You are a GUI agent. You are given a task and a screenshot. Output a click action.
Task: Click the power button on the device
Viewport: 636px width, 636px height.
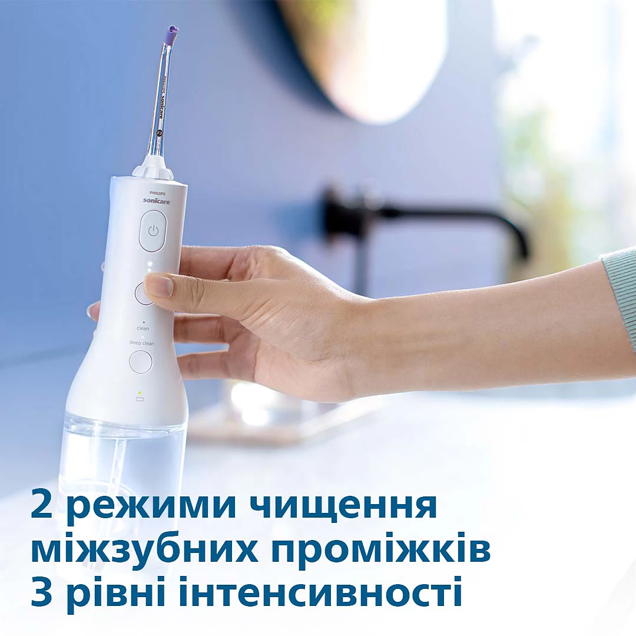tap(153, 231)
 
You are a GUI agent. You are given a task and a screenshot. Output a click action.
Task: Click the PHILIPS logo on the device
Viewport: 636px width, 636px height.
tap(154, 193)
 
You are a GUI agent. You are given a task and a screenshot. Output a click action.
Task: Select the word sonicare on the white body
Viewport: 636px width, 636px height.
tap(154, 201)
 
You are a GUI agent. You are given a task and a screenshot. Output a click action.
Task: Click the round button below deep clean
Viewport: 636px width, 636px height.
tap(141, 362)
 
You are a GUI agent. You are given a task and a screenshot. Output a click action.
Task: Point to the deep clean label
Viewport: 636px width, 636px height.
tap(142, 342)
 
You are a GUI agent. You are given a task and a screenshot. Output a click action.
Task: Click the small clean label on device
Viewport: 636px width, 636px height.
tap(143, 328)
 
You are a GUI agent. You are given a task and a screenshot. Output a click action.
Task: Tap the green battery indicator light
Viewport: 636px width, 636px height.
tap(140, 392)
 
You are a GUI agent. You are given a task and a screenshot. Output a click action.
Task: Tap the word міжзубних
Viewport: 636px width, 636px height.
tap(144, 551)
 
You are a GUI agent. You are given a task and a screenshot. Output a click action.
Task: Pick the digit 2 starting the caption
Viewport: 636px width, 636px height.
tap(42, 506)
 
